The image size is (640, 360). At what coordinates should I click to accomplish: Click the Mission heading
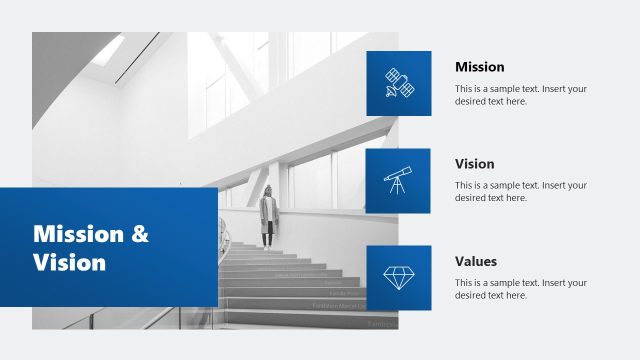click(x=479, y=67)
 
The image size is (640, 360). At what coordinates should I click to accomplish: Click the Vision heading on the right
click(x=474, y=164)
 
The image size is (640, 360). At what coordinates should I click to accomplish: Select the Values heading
click(x=476, y=261)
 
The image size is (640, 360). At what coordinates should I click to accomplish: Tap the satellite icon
click(x=399, y=85)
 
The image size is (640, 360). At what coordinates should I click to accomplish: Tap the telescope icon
click(x=397, y=181)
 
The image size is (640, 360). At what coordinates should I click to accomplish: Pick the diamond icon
click(x=397, y=277)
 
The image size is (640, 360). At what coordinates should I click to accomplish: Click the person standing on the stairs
click(x=268, y=215)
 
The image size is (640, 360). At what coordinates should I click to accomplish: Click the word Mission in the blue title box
click(x=76, y=235)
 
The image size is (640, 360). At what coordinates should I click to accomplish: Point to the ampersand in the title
click(x=140, y=235)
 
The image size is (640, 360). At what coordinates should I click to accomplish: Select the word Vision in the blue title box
click(x=69, y=263)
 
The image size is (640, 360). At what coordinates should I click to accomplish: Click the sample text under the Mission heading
click(x=520, y=95)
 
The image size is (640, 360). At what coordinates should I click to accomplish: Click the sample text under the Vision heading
click(x=520, y=191)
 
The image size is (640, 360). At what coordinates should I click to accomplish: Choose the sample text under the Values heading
click(x=520, y=288)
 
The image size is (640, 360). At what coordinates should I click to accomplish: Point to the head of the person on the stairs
click(x=268, y=190)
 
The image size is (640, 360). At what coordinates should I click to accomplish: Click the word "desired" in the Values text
click(x=473, y=295)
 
